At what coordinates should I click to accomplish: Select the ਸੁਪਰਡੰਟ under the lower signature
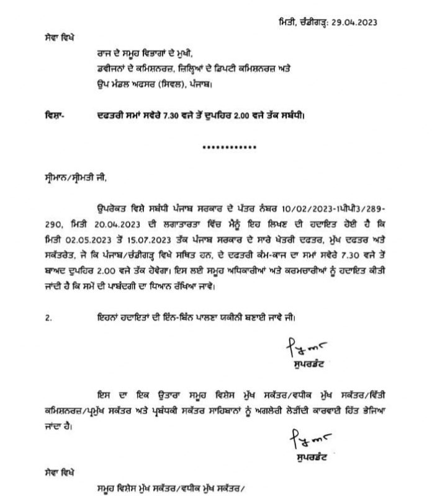pos(307,459)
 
